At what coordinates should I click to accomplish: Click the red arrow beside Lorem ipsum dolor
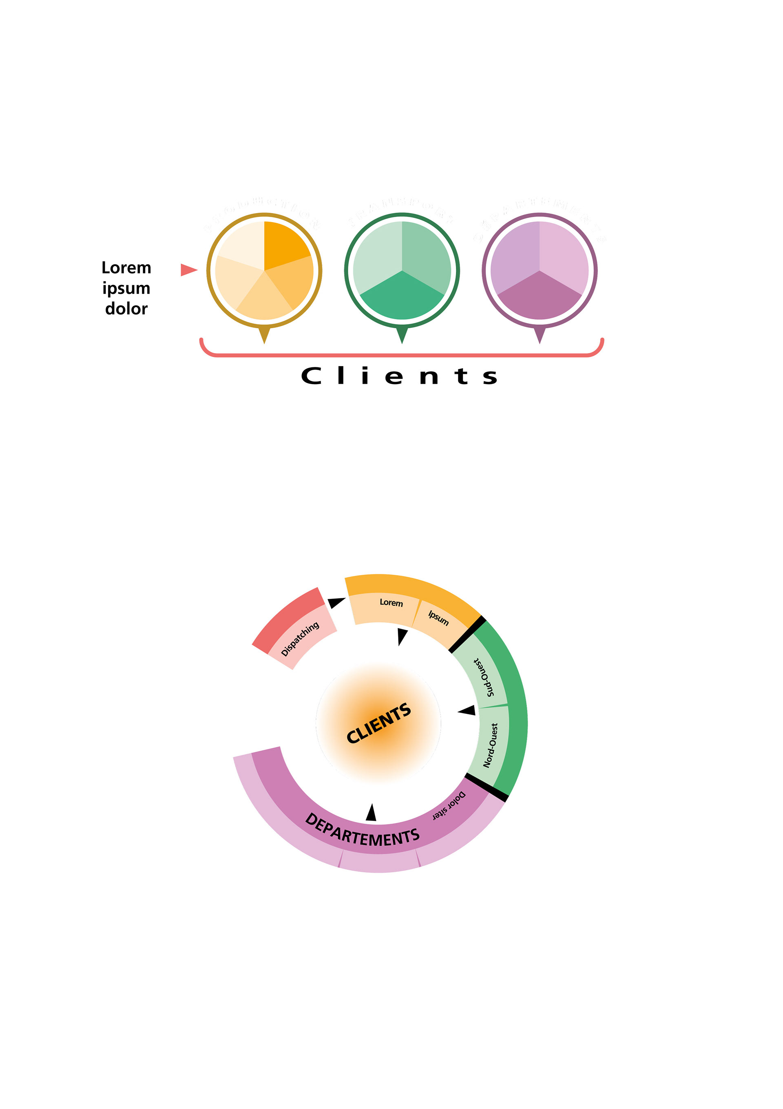click(188, 269)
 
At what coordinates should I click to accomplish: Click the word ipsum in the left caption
click(126, 288)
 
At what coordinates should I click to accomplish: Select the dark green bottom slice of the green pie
click(402, 298)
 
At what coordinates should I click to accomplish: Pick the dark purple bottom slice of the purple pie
click(539, 298)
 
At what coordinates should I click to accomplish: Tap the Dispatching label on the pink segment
click(300, 638)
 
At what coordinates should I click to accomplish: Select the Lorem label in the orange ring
click(391, 602)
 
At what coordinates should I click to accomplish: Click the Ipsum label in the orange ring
click(438, 617)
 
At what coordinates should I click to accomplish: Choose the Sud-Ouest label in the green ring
click(484, 677)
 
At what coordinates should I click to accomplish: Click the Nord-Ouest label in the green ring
click(491, 745)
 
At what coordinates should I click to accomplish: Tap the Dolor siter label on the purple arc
click(449, 806)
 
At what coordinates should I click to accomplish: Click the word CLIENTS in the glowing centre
click(378, 723)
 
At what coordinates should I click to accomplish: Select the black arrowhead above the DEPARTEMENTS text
click(371, 813)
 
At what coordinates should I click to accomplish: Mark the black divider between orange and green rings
click(467, 634)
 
